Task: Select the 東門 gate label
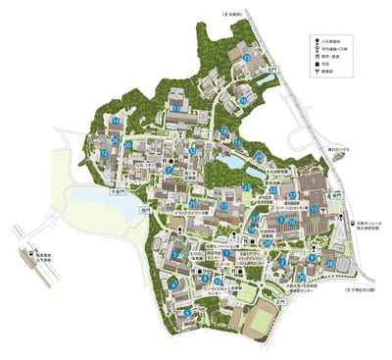337,196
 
